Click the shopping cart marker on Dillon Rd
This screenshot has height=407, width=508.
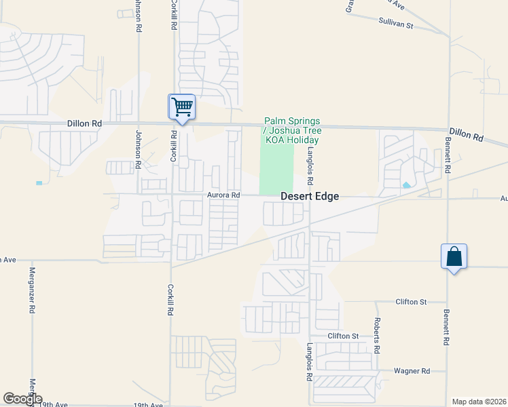(x=181, y=107)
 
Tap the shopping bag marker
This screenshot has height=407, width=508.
(x=454, y=257)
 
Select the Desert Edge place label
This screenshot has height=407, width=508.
(x=310, y=197)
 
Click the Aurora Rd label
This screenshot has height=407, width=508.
(x=224, y=195)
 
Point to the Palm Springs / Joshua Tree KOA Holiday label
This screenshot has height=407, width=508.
(x=291, y=130)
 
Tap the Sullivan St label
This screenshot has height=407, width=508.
(x=395, y=24)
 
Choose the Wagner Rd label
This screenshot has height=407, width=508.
(x=412, y=371)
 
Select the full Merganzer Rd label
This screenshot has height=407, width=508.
(x=31, y=290)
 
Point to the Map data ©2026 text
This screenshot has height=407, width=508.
(x=478, y=402)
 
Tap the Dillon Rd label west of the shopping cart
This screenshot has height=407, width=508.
(x=84, y=123)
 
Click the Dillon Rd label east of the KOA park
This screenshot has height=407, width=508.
(x=466, y=134)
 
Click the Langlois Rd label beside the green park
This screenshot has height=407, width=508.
(x=310, y=168)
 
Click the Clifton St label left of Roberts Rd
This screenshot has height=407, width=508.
(x=342, y=336)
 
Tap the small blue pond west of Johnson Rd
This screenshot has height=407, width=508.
(x=39, y=183)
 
